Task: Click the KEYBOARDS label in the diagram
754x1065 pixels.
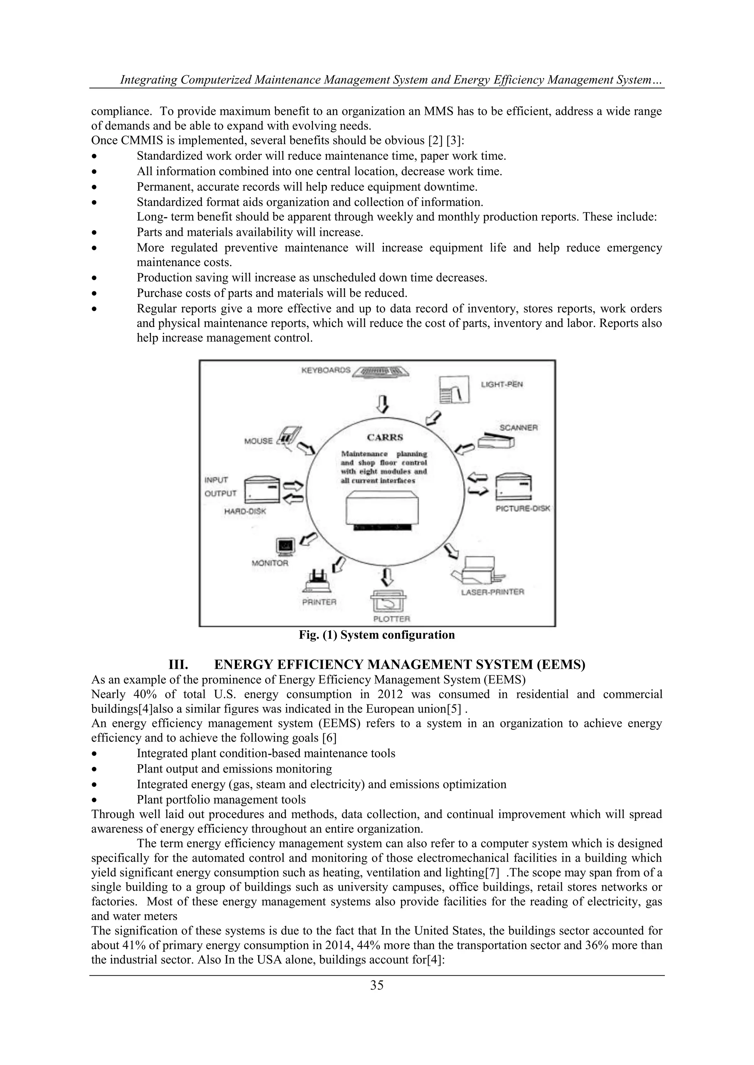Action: (x=326, y=370)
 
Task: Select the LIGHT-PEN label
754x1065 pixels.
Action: (x=502, y=384)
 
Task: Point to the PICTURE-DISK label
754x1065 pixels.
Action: (x=522, y=508)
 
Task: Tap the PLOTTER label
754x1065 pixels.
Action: (x=392, y=619)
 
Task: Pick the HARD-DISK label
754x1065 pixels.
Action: (x=245, y=512)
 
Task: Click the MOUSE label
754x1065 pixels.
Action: (x=258, y=441)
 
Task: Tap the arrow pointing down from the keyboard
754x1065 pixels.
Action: (x=382, y=403)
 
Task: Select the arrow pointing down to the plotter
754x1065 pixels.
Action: (x=387, y=576)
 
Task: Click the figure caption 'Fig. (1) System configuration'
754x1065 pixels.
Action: (x=377, y=635)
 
